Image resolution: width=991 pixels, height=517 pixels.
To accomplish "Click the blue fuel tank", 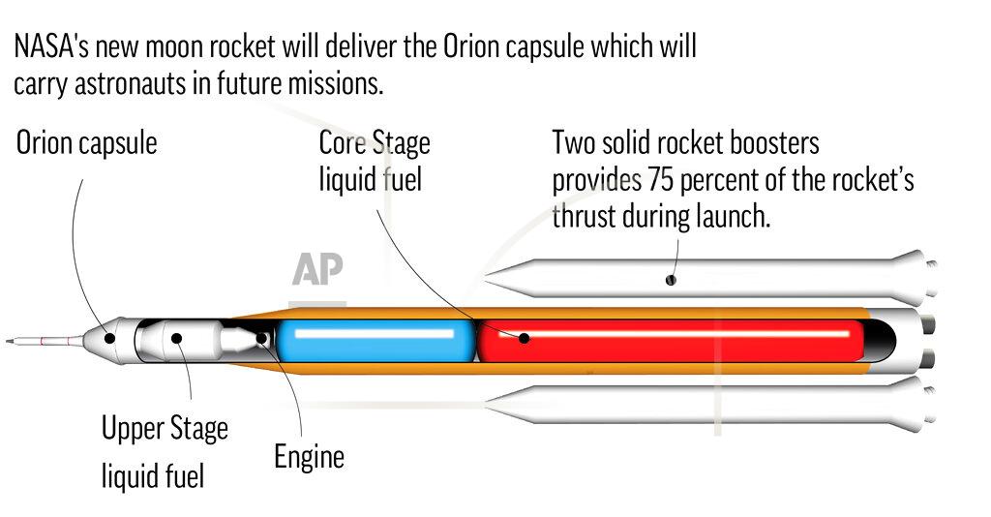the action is click(x=375, y=341).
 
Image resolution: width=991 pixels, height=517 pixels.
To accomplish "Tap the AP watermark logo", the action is click(x=317, y=269).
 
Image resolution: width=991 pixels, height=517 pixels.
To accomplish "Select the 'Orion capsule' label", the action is click(x=86, y=143).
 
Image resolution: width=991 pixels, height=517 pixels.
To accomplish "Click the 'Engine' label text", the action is click(x=309, y=456).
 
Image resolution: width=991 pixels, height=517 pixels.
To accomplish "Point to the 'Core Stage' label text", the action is click(x=375, y=143).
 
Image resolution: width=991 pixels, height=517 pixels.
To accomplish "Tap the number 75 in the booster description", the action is click(x=660, y=180).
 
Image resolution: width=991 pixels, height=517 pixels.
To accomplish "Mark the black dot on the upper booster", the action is click(x=671, y=280).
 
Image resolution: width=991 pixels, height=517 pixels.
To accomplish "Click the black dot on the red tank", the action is click(x=524, y=338).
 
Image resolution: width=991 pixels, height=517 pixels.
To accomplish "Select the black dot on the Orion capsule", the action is click(x=109, y=338).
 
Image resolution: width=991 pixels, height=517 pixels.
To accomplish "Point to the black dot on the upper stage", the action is click(x=177, y=338).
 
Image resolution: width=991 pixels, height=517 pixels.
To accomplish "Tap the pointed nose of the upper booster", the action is click(x=487, y=277).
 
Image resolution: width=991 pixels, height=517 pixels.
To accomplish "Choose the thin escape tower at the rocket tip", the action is click(x=45, y=342).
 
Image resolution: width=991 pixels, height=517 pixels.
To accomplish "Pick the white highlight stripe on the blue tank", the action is click(x=375, y=333).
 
